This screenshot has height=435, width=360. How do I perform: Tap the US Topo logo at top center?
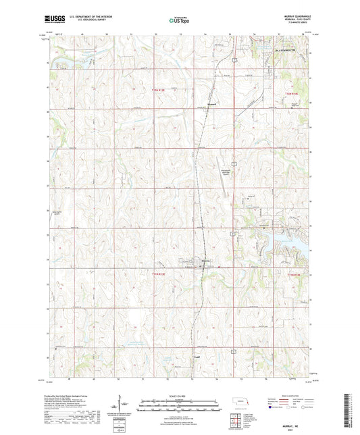coord(180,21)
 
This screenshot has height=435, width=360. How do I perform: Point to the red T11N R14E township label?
coord(290,274)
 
